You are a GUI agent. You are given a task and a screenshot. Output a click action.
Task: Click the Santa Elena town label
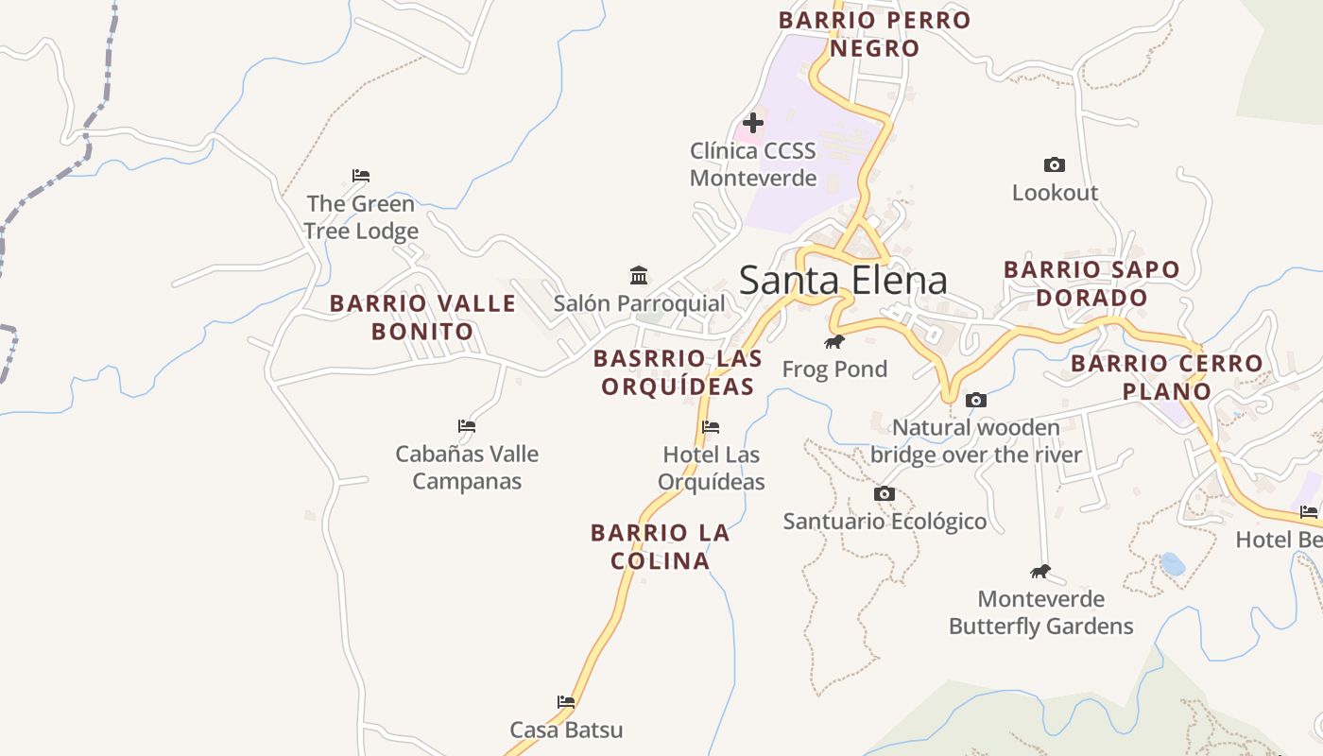click(x=843, y=281)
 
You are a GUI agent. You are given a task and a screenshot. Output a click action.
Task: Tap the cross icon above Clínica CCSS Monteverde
click(x=753, y=123)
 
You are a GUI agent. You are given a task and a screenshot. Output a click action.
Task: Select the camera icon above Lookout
click(x=1055, y=165)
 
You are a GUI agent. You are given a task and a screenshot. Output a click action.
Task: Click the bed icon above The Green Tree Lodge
click(x=361, y=176)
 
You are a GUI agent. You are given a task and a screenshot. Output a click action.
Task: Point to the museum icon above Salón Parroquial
click(x=639, y=276)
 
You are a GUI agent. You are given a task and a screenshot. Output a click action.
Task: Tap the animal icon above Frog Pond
click(x=833, y=342)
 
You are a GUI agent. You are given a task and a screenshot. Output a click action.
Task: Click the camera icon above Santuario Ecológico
click(x=885, y=494)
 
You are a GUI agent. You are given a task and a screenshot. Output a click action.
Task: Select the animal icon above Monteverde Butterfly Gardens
click(x=1040, y=571)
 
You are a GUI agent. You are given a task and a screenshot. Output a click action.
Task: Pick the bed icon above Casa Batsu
click(x=566, y=702)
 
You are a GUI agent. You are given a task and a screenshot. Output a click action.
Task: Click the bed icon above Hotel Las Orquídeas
click(x=711, y=427)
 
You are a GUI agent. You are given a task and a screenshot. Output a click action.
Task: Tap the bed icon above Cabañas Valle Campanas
click(x=467, y=426)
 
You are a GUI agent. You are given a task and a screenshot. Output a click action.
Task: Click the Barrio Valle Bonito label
click(x=422, y=318)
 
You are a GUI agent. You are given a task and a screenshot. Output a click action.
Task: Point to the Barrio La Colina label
click(x=660, y=547)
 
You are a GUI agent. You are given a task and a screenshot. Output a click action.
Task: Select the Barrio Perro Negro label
click(x=874, y=34)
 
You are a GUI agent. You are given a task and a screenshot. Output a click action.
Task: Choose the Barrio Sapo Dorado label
click(x=1091, y=283)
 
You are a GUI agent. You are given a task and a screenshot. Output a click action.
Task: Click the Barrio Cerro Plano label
click(x=1166, y=377)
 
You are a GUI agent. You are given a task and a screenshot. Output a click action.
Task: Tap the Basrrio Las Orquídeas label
click(x=678, y=372)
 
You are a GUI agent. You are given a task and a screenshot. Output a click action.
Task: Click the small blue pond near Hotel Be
click(x=1173, y=564)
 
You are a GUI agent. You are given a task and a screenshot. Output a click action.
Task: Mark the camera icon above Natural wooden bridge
click(x=976, y=401)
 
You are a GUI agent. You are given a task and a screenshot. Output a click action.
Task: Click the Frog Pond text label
click(x=834, y=369)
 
